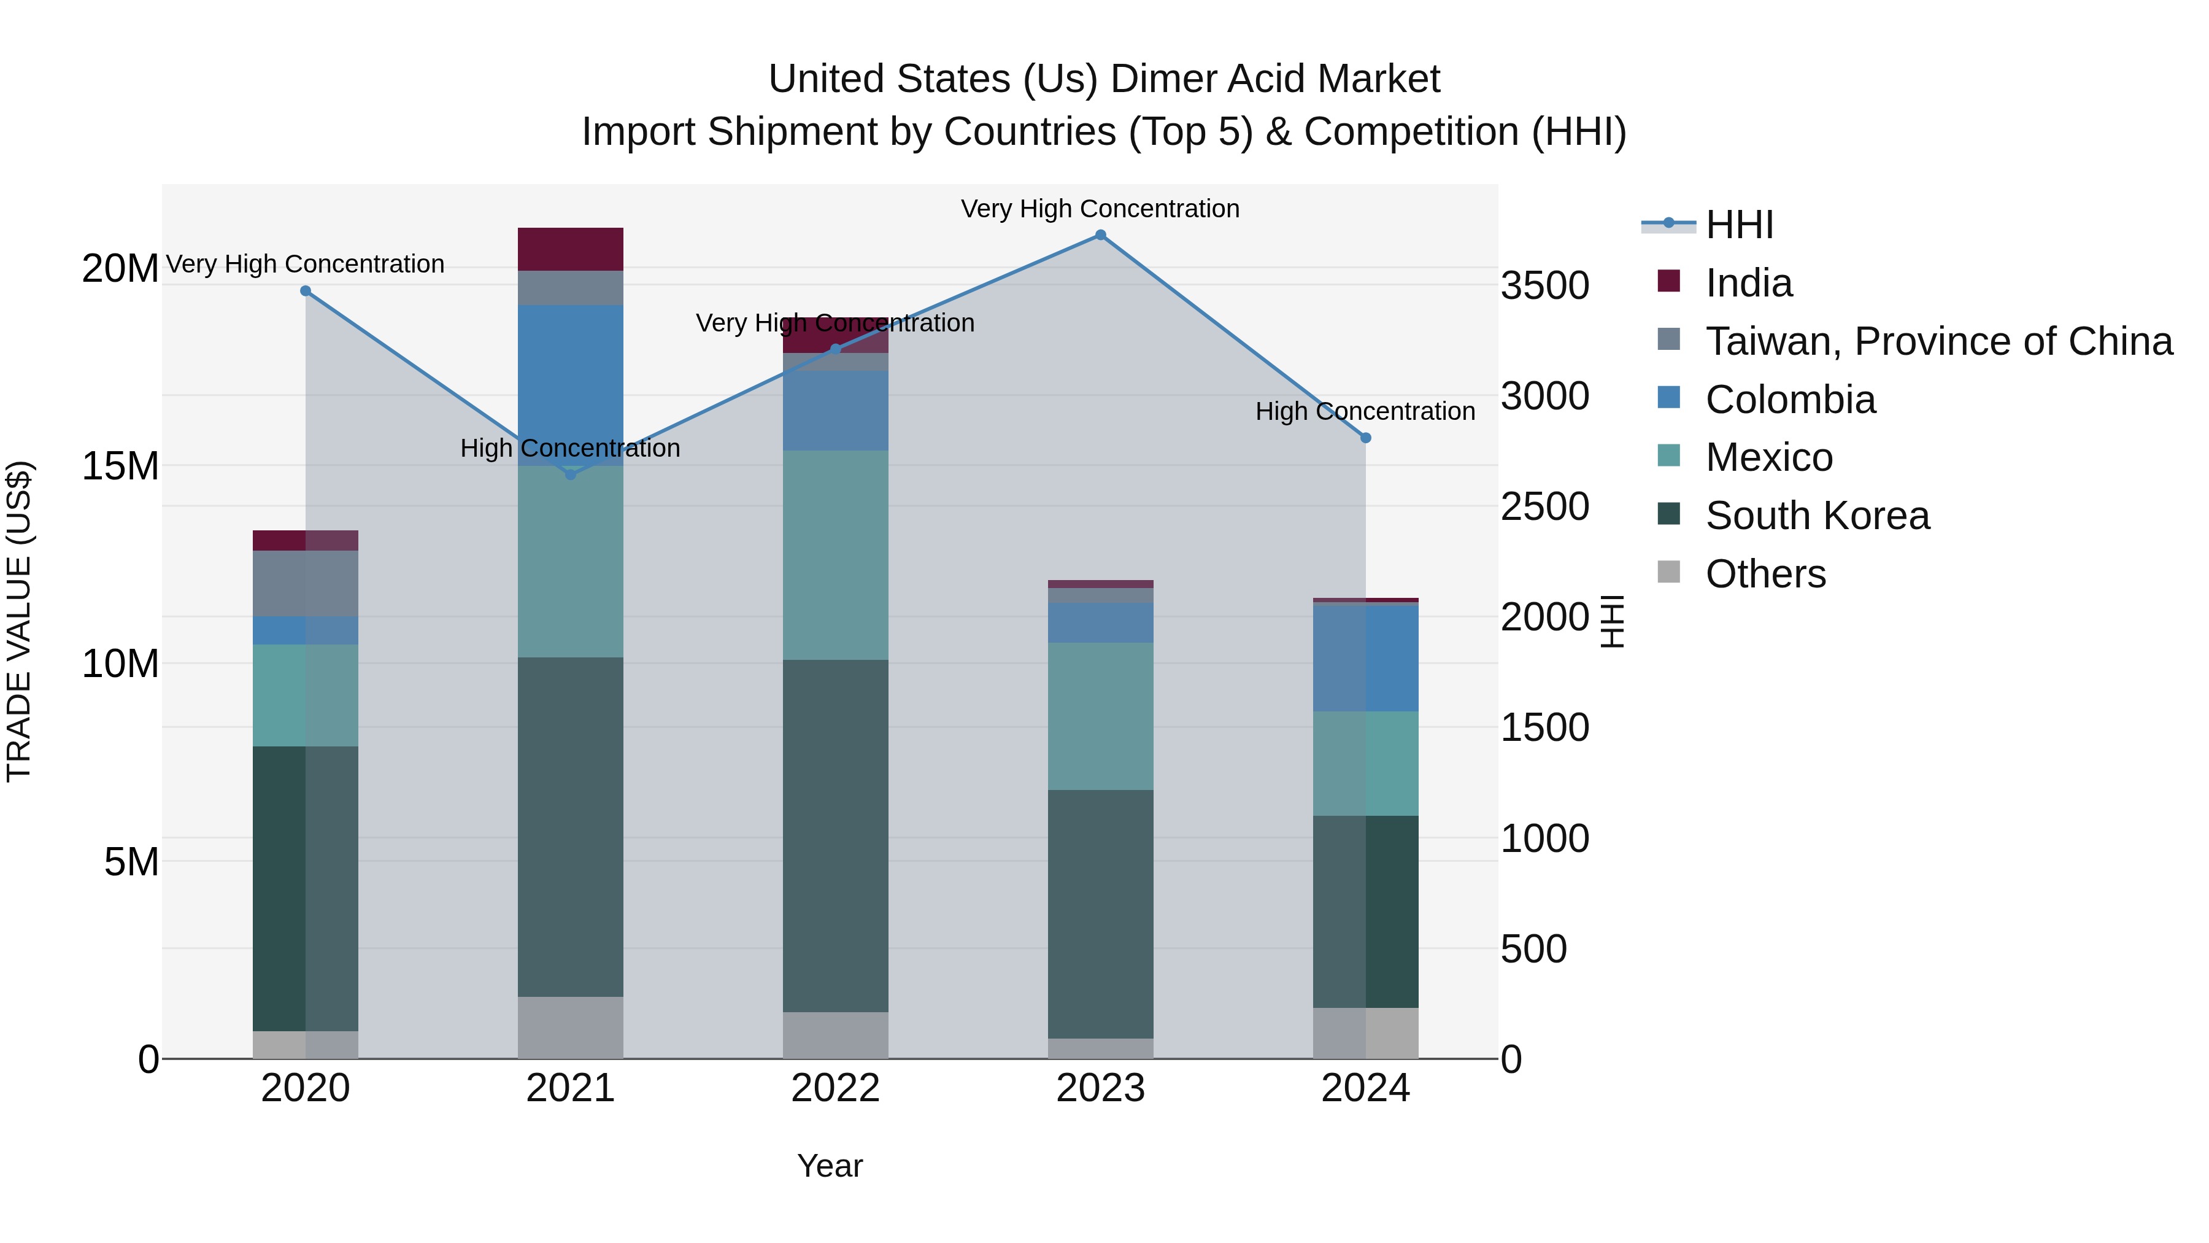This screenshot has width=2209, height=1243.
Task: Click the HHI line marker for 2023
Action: [1101, 235]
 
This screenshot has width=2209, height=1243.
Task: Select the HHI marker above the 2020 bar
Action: [306, 291]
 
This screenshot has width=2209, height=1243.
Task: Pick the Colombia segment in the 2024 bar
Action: [1365, 658]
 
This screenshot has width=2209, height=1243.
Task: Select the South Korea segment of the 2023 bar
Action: [1100, 913]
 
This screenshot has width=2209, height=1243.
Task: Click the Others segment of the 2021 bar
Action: [570, 1027]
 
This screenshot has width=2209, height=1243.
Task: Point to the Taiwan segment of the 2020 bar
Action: [306, 583]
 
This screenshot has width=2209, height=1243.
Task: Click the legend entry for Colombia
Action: [1790, 400]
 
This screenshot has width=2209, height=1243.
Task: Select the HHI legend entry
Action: [1739, 225]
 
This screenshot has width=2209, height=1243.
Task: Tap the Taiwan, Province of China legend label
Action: [1938, 341]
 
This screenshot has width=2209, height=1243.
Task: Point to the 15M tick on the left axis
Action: [120, 467]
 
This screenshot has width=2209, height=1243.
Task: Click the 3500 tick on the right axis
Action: [1544, 285]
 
